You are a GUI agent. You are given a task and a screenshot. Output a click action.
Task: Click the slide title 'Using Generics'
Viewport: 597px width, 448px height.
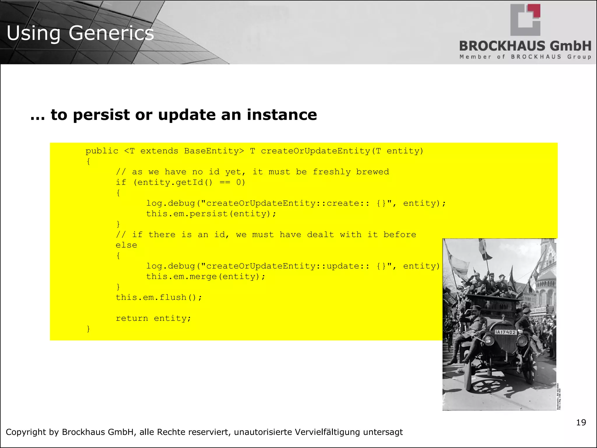(80, 33)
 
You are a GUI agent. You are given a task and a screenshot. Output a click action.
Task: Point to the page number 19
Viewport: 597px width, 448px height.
(581, 422)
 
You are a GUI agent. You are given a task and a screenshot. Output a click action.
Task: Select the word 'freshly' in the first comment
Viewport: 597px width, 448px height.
(331, 172)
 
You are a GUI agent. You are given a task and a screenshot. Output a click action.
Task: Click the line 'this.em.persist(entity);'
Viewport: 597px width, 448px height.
(211, 214)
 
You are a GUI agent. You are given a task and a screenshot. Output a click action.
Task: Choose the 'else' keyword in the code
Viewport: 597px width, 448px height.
(126, 245)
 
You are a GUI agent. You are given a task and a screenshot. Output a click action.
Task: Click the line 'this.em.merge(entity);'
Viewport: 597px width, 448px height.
(206, 276)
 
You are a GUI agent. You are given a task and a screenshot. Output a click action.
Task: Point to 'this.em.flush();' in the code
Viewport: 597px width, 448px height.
(159, 297)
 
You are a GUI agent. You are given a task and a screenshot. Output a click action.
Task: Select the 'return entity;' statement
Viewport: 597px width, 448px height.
(153, 318)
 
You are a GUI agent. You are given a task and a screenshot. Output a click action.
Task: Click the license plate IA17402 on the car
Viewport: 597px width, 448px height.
(505, 332)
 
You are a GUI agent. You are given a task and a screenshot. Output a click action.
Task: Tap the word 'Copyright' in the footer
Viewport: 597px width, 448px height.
(26, 432)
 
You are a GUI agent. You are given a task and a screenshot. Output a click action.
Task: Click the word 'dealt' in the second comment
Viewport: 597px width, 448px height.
(320, 235)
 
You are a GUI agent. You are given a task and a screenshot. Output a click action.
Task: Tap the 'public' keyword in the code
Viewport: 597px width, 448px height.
(102, 151)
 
